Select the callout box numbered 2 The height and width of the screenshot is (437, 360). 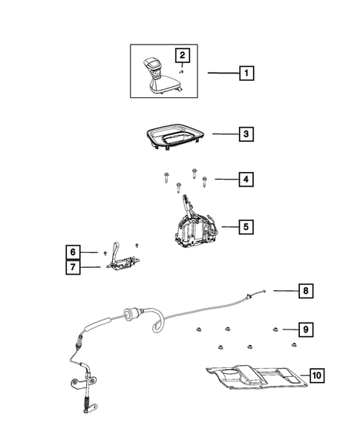180,53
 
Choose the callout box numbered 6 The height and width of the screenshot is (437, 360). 71,252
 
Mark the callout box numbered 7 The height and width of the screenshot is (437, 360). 71,267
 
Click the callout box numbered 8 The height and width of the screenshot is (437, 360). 305,290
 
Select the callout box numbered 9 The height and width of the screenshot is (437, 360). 305,328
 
